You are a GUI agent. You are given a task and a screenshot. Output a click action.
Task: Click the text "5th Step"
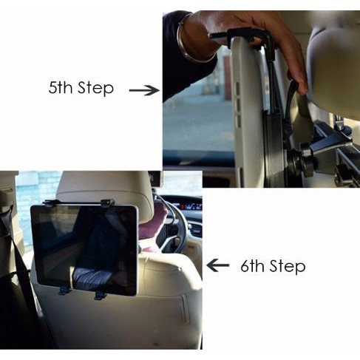(x=81, y=88)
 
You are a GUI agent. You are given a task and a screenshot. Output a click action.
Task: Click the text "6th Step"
(x=272, y=265)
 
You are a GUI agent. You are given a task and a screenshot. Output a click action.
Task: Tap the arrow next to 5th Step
(x=144, y=89)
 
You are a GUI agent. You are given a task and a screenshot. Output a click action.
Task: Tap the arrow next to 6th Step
(x=217, y=265)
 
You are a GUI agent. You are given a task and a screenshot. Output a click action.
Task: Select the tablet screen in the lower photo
(x=83, y=248)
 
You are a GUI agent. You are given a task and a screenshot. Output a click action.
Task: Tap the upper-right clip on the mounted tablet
(x=106, y=202)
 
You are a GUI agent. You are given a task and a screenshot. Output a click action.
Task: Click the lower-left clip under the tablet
(x=64, y=289)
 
